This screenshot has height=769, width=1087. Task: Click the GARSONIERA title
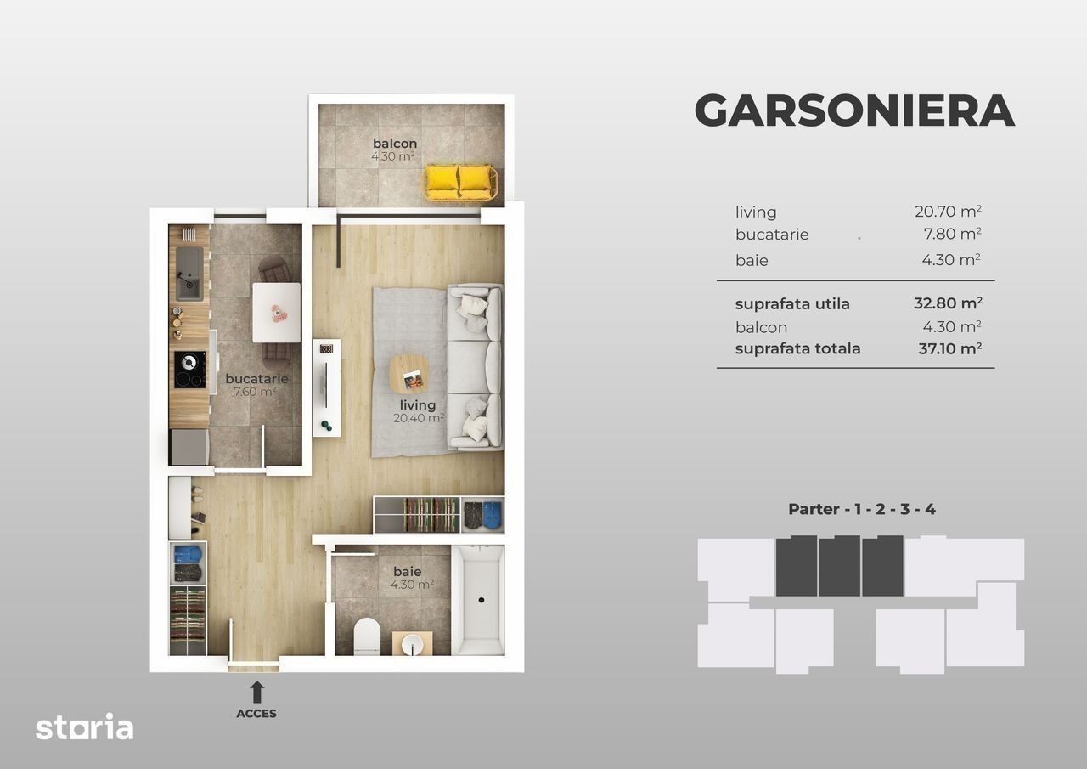coord(854,110)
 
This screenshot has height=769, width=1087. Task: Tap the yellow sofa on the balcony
coord(459,183)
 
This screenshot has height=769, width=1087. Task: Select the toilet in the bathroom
coord(366,636)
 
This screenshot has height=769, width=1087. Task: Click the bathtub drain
coord(482,600)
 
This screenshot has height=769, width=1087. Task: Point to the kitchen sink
coord(189,274)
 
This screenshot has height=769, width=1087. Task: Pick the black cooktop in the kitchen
coord(189,370)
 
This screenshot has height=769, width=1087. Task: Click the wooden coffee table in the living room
coord(409,374)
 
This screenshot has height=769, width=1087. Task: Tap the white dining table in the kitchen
coord(276,313)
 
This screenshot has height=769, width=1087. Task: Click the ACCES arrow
coord(256,692)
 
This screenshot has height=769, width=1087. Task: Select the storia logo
coord(84,727)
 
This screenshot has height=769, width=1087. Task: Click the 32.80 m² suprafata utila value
coord(948,303)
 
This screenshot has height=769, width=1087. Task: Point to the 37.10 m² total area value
coord(950,348)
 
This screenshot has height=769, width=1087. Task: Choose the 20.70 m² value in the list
coord(949,212)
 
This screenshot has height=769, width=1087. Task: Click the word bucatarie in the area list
coord(772,235)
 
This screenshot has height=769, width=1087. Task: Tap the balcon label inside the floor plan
coord(395,144)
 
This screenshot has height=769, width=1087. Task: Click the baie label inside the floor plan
coord(407,571)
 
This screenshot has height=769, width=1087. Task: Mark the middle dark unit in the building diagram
coord(840,566)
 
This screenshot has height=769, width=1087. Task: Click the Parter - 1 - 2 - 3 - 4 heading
coord(862,509)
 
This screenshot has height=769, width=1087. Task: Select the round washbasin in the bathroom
coord(412,644)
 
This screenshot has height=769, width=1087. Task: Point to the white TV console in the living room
coord(327,387)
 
